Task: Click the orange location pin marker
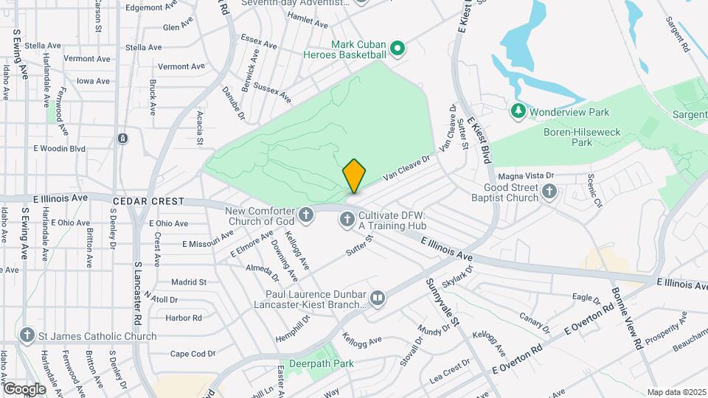(x=354, y=176)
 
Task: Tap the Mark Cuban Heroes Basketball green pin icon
(x=398, y=49)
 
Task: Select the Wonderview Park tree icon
(x=518, y=111)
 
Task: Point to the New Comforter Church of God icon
(x=306, y=216)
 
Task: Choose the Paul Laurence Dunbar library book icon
(x=378, y=298)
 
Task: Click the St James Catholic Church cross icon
(x=27, y=336)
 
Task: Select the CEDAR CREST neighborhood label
(x=145, y=200)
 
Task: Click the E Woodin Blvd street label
(x=59, y=149)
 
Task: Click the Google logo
(x=24, y=389)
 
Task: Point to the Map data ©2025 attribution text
(x=675, y=392)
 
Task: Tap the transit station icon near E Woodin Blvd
(x=122, y=139)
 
